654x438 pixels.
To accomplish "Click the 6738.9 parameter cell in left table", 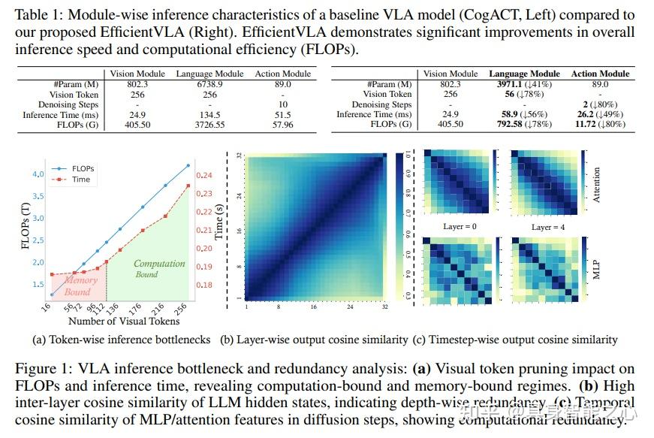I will point(209,84).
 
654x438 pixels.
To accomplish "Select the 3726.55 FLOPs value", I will point(209,124).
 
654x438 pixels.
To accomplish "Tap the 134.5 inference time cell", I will point(209,114).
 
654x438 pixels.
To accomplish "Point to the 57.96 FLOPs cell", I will point(283,124).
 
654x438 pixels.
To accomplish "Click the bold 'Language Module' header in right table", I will point(524,74).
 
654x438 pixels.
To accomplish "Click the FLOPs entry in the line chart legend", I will point(83,169).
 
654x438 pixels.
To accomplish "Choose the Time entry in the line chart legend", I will point(81,180).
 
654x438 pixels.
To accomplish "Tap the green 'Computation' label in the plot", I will point(159,264).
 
